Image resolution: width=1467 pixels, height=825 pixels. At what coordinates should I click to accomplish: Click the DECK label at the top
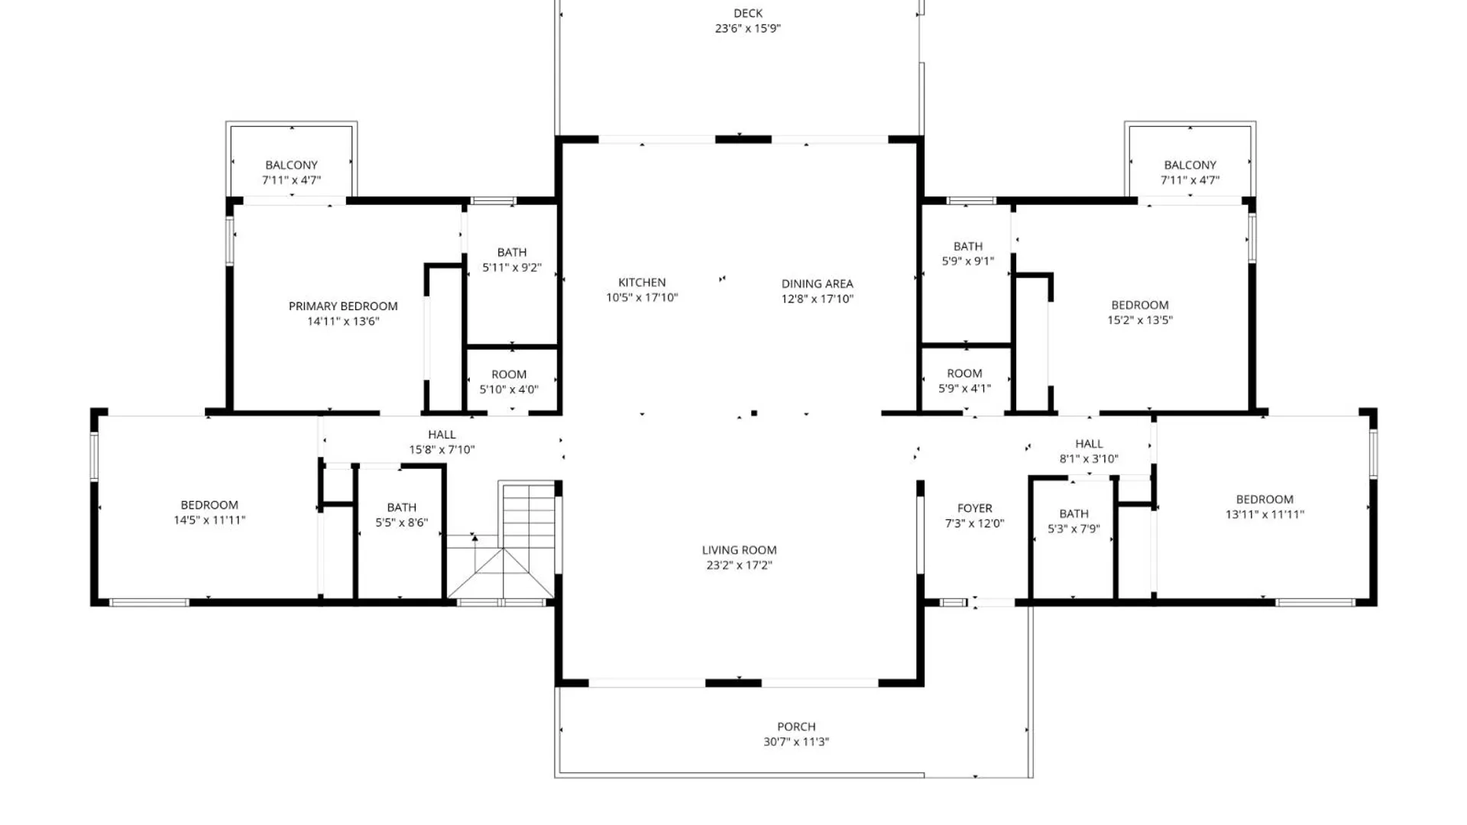pos(747,13)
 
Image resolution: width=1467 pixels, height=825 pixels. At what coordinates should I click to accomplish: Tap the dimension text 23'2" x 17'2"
pos(739,565)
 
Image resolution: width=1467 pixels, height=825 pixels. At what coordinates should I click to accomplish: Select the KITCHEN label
pos(642,283)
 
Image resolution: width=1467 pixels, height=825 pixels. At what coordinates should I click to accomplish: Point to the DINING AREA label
pos(817,283)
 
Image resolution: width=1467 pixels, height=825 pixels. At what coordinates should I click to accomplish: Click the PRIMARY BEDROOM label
pos(343,306)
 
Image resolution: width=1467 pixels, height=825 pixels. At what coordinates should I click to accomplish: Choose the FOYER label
pos(974,508)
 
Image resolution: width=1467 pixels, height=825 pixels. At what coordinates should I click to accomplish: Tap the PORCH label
pos(796,726)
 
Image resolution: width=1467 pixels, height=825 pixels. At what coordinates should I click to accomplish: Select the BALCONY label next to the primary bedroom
pos(291,165)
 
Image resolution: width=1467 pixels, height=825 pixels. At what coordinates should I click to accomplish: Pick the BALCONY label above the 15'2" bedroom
pos(1190,165)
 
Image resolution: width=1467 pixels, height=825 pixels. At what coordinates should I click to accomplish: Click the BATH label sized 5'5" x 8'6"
pos(401,507)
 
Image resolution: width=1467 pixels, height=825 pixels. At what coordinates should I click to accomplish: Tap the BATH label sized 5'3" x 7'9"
pos(1074,513)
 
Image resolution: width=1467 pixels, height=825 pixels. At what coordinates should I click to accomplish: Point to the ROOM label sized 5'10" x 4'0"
pos(509,374)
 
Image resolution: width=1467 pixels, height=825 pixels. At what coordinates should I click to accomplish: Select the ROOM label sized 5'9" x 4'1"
pos(964,374)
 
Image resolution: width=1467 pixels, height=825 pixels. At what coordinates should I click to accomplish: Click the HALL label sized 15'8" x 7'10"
pos(442,435)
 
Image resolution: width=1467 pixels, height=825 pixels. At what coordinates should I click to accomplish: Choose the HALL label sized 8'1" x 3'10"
pos(1089,444)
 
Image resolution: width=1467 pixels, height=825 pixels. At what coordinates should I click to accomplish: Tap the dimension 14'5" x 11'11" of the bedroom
pos(209,520)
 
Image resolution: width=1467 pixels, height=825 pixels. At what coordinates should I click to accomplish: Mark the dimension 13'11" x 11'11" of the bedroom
pos(1265,514)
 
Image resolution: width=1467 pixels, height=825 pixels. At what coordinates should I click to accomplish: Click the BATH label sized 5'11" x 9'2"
pos(512,252)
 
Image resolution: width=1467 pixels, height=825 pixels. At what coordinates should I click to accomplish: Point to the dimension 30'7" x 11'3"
pos(796,742)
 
